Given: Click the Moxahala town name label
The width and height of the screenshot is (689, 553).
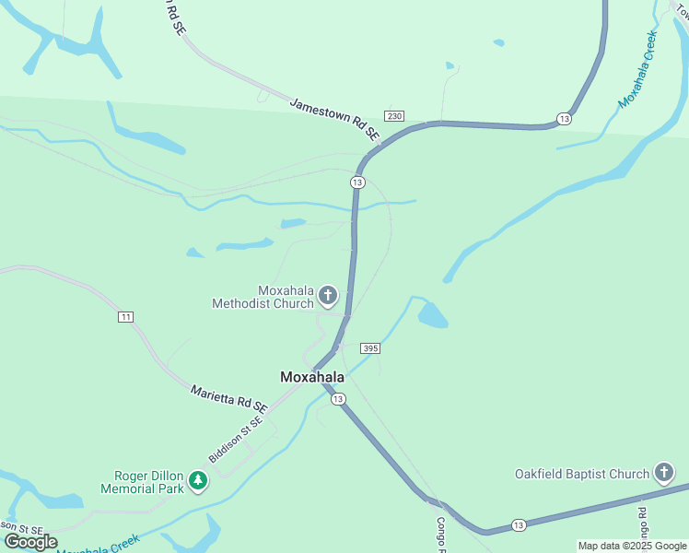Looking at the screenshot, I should pyautogui.click(x=312, y=377).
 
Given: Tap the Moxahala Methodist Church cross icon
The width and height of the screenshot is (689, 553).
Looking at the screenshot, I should pyautogui.click(x=328, y=296).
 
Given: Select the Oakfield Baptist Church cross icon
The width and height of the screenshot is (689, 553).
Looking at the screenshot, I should pyautogui.click(x=663, y=474).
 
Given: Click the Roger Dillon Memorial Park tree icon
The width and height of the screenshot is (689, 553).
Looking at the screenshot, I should pyautogui.click(x=197, y=480).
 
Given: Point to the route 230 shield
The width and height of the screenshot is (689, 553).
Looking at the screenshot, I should pyautogui.click(x=394, y=116).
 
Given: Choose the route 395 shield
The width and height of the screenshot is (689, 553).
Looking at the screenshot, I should pyautogui.click(x=370, y=347).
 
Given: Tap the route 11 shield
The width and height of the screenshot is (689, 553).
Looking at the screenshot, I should pyautogui.click(x=125, y=317).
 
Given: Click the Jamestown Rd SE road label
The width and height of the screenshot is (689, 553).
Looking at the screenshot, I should pyautogui.click(x=334, y=119).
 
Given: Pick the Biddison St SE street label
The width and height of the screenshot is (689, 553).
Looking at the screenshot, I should pyautogui.click(x=236, y=440).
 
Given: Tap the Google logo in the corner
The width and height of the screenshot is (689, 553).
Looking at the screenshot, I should pyautogui.click(x=29, y=542).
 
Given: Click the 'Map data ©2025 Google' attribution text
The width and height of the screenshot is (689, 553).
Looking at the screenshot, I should pyautogui.click(x=632, y=546).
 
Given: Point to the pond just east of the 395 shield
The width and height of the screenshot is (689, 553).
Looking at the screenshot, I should pyautogui.click(x=432, y=316).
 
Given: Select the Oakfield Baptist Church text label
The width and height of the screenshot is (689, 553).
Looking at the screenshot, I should pyautogui.click(x=581, y=474).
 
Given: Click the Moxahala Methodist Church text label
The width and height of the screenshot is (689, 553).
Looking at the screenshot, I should pyautogui.click(x=262, y=296).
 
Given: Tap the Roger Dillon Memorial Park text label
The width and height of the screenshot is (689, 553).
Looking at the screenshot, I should pyautogui.click(x=149, y=482).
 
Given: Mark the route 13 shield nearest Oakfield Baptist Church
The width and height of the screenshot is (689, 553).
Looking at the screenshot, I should pyautogui.click(x=519, y=525).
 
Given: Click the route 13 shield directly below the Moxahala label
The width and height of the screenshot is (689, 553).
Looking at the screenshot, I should pyautogui.click(x=339, y=398).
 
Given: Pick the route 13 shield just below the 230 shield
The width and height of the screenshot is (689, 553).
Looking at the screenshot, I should pyautogui.click(x=357, y=182).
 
